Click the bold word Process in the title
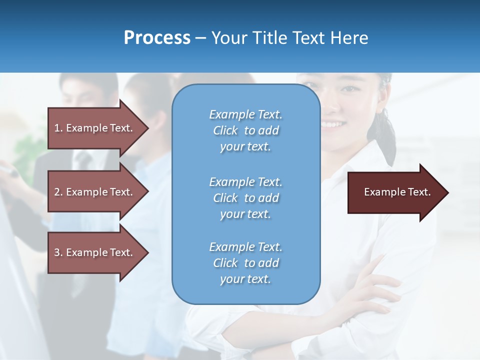[x=157, y=38]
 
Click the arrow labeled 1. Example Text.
[x=95, y=128]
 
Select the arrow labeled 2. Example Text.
[x=95, y=192]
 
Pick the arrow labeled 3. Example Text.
[x=95, y=252]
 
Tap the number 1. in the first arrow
[x=58, y=128]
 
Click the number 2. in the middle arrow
[x=58, y=192]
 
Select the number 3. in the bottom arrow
[x=58, y=252]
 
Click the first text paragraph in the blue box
[x=245, y=130]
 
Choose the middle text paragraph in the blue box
[x=245, y=198]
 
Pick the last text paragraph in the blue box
[x=245, y=263]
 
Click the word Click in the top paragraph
[x=225, y=130]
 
